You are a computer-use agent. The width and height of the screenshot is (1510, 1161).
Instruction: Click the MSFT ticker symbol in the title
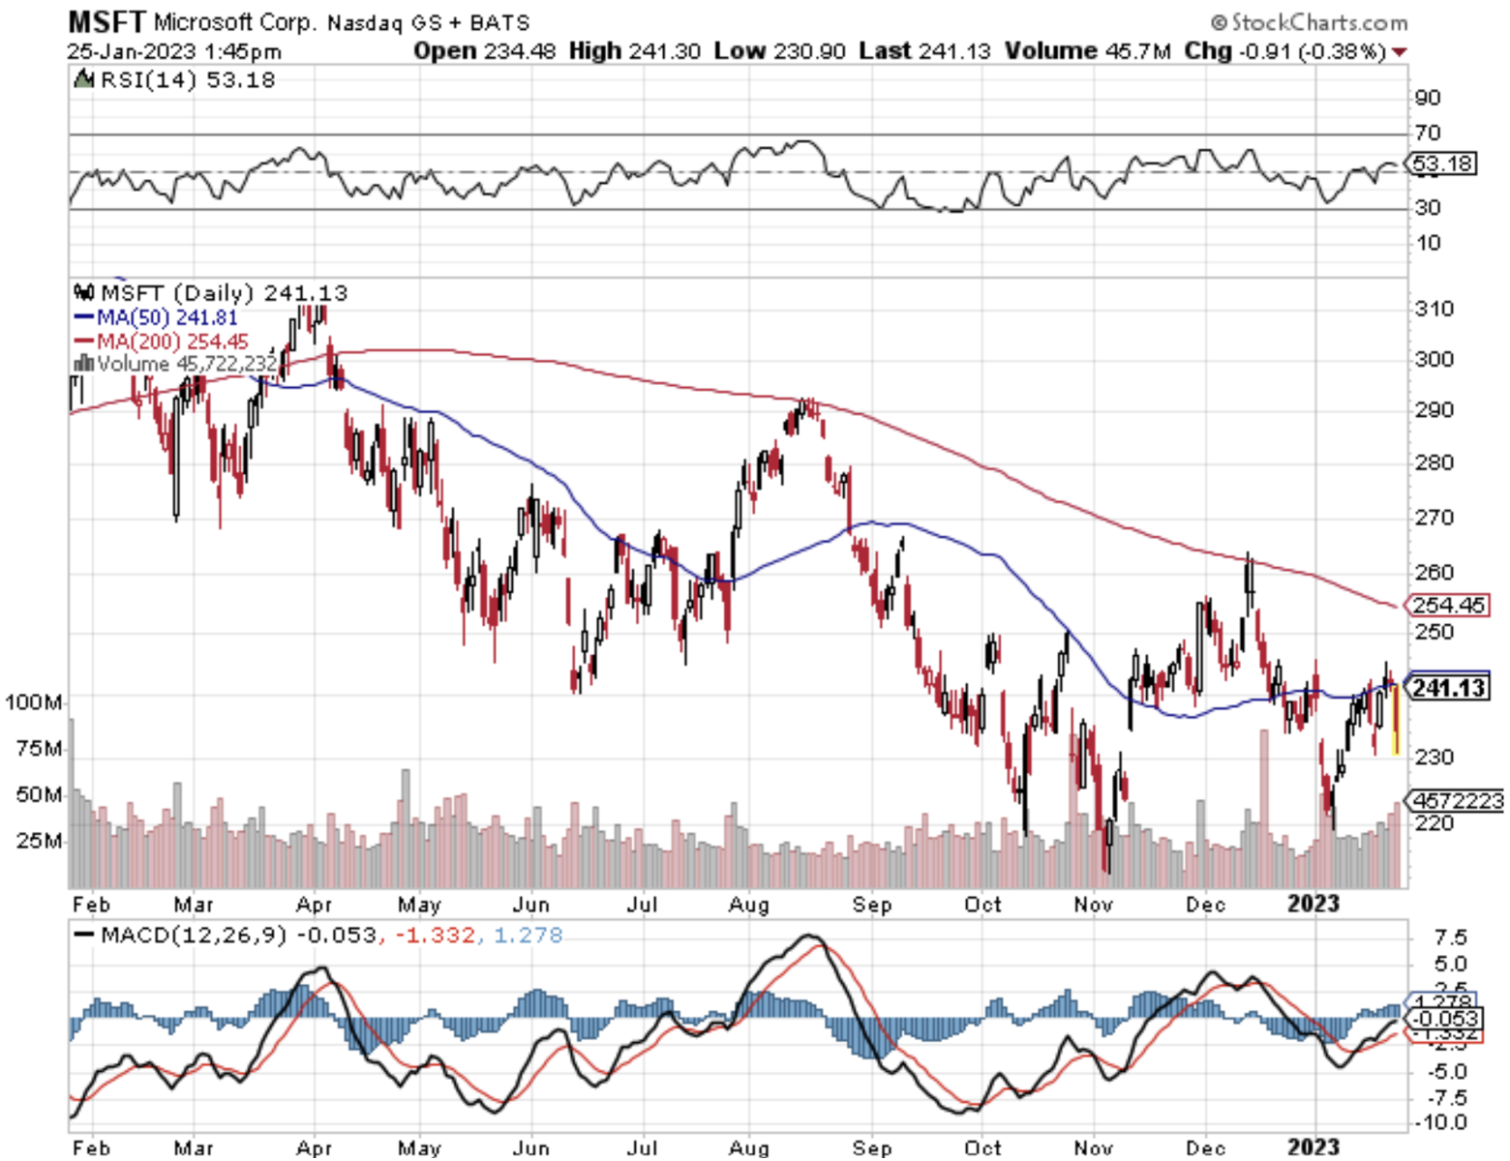click(106, 21)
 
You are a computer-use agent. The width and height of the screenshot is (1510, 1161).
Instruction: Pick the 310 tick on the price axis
click(1434, 310)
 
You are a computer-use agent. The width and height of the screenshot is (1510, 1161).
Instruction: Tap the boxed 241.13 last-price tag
click(1448, 688)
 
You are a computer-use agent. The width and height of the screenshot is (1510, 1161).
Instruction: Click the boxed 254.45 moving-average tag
click(1448, 606)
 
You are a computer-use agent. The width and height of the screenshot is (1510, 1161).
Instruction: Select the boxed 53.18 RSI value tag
click(1442, 164)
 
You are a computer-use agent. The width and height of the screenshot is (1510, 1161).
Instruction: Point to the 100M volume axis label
click(35, 701)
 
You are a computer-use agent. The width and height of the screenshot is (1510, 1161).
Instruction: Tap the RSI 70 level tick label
click(1428, 134)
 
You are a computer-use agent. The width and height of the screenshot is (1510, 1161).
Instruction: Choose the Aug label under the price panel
click(748, 905)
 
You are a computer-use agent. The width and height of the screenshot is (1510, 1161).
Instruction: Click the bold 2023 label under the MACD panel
click(1313, 1147)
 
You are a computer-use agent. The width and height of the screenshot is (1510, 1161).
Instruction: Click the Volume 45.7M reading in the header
click(1088, 51)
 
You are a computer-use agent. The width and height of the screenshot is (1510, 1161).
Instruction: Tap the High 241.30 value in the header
click(635, 51)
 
